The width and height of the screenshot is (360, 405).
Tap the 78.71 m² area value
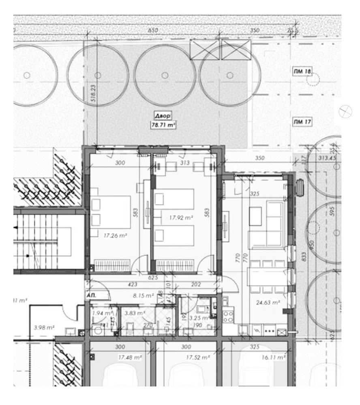[163, 125]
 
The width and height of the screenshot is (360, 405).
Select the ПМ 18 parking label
[302, 71]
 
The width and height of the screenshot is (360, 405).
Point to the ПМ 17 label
[302, 122]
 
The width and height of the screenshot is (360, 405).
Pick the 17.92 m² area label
[180, 217]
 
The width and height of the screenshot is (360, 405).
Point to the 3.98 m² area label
[44, 327]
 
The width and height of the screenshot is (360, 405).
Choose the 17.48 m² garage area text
[130, 358]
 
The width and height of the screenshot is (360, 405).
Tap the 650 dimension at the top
[153, 31]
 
